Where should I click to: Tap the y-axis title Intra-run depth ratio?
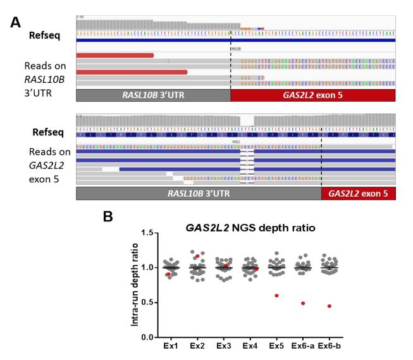click(x=134, y=285)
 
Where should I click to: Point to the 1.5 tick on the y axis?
click(x=147, y=233)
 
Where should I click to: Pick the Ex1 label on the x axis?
click(x=171, y=346)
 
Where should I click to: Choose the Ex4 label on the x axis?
click(x=249, y=346)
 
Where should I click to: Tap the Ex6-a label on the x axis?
click(x=302, y=346)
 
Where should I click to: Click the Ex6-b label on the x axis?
click(x=330, y=346)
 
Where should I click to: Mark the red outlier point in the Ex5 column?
click(x=276, y=295)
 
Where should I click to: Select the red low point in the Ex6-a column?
click(x=303, y=303)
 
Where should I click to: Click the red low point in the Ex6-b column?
click(x=330, y=306)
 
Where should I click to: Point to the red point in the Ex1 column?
click(x=168, y=274)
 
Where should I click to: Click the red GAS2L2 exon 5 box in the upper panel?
click(x=313, y=94)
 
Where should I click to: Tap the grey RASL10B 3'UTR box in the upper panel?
click(x=153, y=94)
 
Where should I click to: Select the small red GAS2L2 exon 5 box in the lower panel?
click(x=358, y=194)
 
